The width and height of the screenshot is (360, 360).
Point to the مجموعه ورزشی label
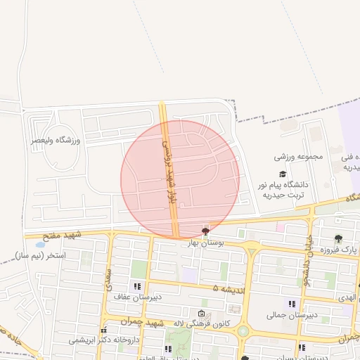point(299,156)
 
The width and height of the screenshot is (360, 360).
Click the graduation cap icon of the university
point(283,174)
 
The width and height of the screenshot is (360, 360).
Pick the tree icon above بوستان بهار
point(205,231)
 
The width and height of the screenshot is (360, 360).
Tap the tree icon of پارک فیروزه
point(338,238)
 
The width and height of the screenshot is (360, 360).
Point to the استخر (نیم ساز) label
point(43,255)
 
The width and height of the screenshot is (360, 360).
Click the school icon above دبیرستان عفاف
point(137,286)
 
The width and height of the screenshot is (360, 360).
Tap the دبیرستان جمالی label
point(285,315)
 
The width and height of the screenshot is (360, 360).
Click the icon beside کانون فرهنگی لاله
point(202,314)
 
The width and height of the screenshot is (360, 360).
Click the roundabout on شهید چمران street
point(243,330)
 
